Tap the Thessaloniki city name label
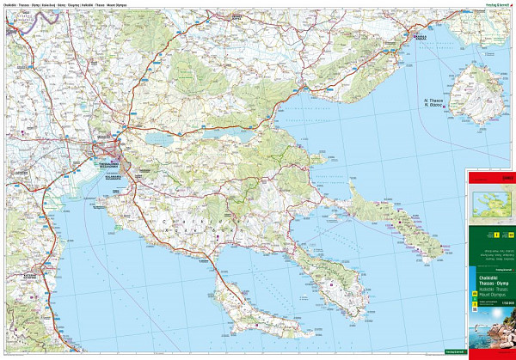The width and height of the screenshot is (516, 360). click(x=111, y=164)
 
